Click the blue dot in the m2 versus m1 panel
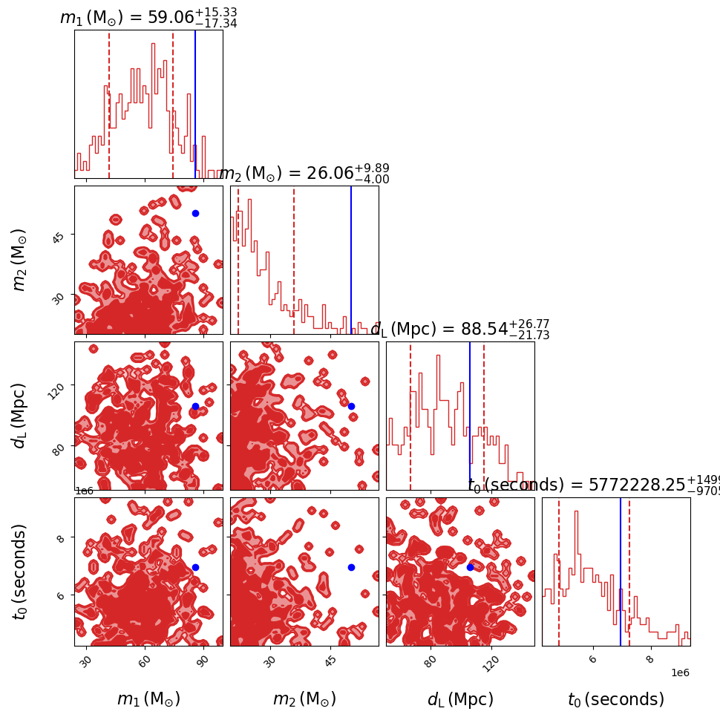tap(195, 213)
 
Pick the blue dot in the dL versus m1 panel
tap(195, 406)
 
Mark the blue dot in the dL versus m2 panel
tap(351, 406)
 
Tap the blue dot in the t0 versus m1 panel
tap(195, 567)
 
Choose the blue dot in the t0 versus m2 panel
tap(351, 567)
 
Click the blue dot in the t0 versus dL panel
tap(470, 567)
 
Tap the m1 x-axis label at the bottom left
tap(148, 699)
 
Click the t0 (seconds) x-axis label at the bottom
tap(616, 699)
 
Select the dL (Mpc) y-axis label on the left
tap(20, 416)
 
